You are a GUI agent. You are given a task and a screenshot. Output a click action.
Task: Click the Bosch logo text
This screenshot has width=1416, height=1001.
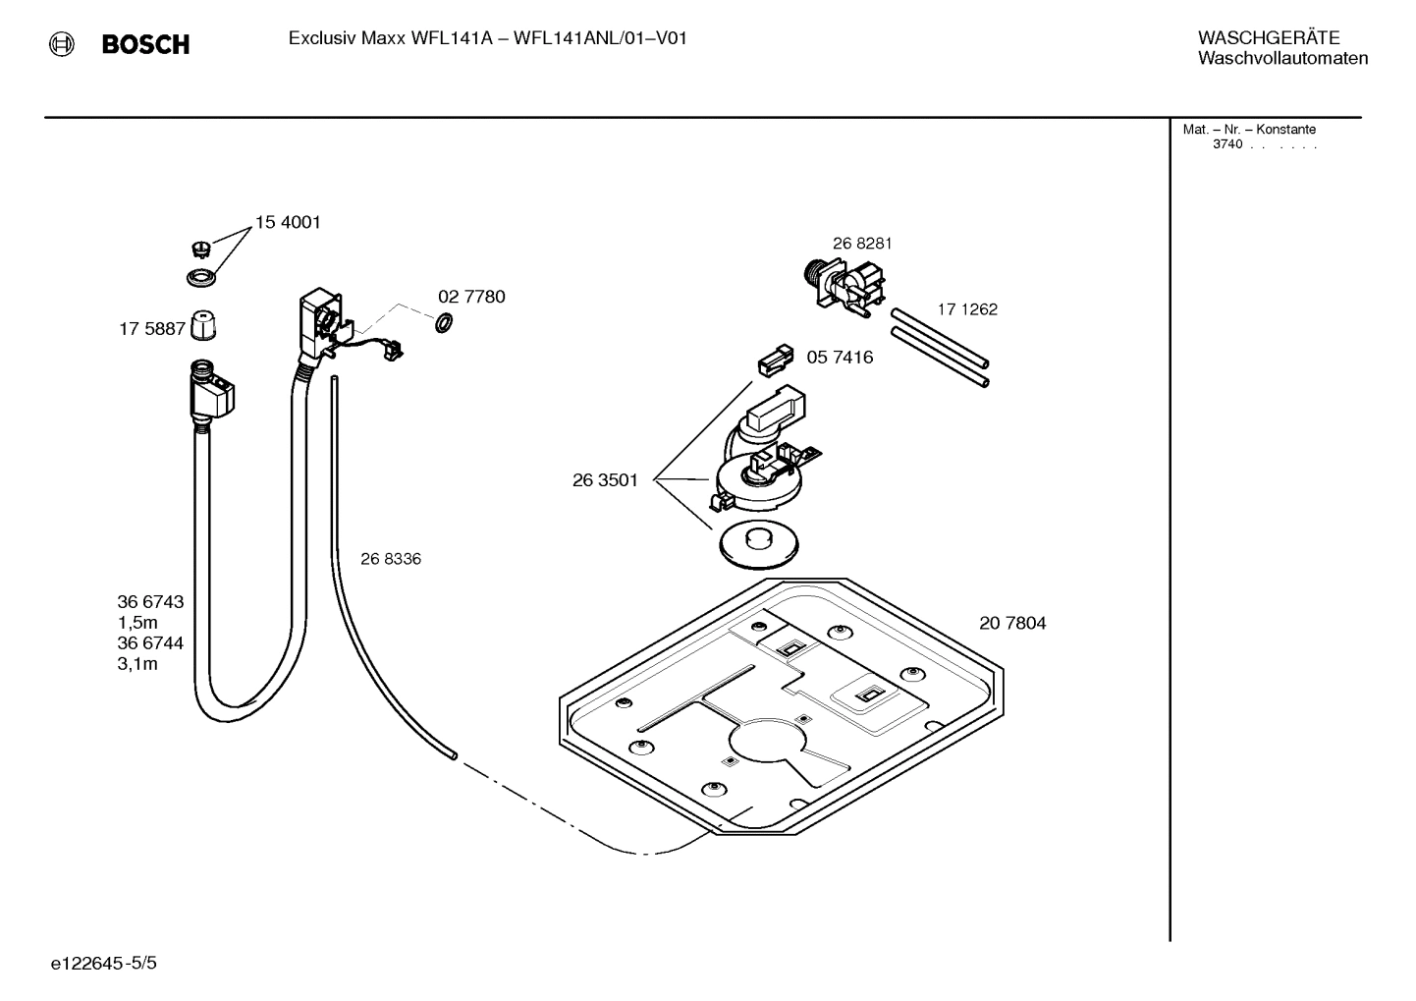tap(145, 44)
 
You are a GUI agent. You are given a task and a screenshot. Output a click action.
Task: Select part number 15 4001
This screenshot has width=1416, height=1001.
tap(288, 223)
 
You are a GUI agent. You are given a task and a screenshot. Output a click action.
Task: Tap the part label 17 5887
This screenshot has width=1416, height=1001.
tap(151, 329)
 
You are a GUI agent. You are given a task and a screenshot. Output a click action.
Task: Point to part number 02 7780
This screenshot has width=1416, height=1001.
tap(471, 297)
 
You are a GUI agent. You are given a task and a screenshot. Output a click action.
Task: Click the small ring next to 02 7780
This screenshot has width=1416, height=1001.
tap(443, 321)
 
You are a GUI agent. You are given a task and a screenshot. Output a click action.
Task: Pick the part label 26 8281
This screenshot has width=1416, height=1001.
tap(862, 244)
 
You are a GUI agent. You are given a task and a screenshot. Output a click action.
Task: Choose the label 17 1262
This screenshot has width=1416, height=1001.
tap(966, 309)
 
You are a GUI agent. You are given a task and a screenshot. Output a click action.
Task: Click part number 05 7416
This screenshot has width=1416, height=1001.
tap(840, 358)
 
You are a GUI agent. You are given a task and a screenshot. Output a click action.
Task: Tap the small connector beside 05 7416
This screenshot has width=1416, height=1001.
tap(774, 361)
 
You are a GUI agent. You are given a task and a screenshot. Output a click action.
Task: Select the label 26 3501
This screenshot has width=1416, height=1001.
tap(605, 480)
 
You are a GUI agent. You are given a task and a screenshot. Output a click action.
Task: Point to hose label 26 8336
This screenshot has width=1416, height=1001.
tap(390, 559)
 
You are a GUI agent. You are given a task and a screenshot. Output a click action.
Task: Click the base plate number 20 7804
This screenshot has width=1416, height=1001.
tap(1011, 623)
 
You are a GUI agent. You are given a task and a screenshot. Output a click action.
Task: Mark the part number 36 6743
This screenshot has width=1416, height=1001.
tap(150, 602)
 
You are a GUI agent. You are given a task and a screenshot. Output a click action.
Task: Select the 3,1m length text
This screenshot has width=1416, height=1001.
tap(137, 664)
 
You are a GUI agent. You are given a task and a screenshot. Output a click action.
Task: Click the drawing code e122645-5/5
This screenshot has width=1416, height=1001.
tap(103, 964)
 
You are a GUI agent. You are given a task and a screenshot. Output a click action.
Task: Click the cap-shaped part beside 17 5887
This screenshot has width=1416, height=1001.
tap(202, 324)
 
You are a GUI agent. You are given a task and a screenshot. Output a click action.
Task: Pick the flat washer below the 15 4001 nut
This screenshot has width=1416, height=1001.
tap(201, 277)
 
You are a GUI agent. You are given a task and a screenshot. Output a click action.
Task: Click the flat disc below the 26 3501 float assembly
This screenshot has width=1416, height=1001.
tap(757, 544)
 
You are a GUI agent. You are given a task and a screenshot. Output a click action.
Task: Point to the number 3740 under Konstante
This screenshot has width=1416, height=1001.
tap(1226, 144)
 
